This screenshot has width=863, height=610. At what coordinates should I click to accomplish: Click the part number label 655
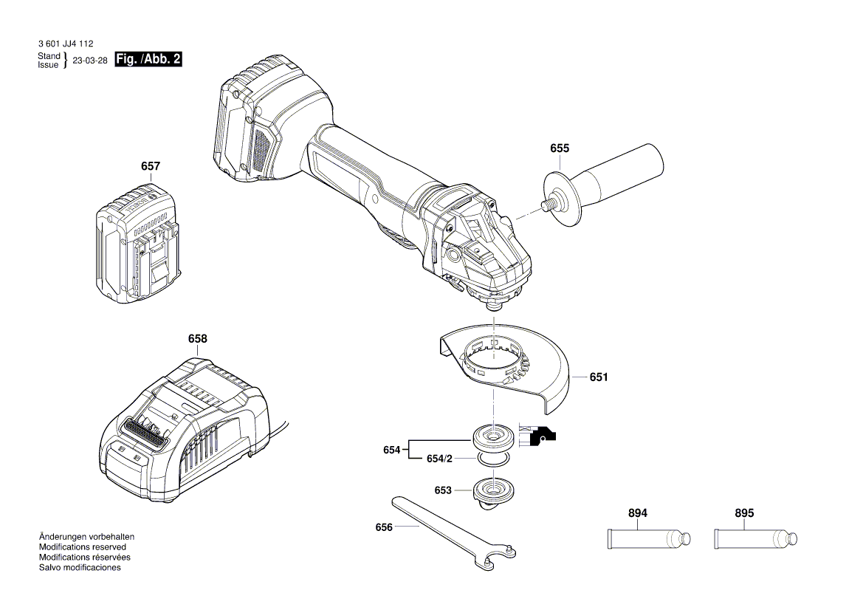click(x=559, y=148)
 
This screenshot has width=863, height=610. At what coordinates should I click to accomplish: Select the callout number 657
click(x=150, y=167)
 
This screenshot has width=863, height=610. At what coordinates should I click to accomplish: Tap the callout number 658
click(x=197, y=339)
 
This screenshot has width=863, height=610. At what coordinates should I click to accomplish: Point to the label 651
click(x=598, y=377)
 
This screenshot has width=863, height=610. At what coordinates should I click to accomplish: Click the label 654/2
click(x=439, y=459)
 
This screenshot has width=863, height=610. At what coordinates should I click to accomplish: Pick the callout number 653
click(x=443, y=490)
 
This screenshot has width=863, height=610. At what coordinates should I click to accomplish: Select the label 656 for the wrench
click(x=384, y=527)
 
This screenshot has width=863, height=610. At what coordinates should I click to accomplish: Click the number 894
click(x=637, y=513)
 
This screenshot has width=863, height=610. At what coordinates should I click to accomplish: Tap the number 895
click(x=744, y=513)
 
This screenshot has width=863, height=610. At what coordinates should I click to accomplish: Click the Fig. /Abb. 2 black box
click(x=149, y=60)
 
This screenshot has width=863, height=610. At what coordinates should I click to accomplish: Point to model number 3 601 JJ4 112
click(x=65, y=44)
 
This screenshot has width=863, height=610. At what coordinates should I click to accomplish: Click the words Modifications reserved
click(x=82, y=547)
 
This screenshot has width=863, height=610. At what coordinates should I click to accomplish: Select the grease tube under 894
click(x=649, y=538)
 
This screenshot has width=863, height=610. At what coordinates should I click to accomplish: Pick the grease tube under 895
click(x=756, y=538)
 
